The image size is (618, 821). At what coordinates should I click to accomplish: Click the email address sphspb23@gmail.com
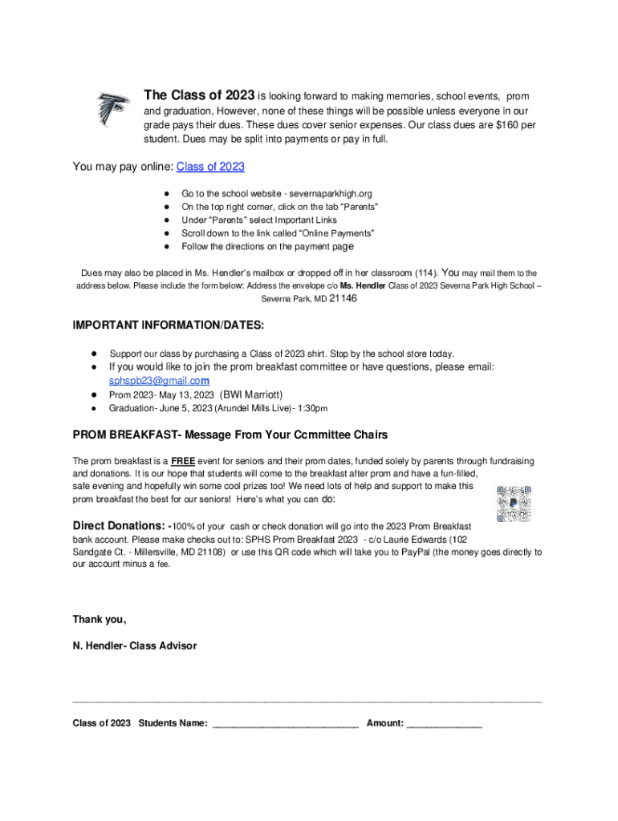159,381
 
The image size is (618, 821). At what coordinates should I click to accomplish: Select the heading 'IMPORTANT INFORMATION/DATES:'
168,326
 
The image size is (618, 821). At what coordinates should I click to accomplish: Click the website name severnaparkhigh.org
328,194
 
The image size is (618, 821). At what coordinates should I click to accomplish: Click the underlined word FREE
183,462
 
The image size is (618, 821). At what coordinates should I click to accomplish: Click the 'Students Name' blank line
284,724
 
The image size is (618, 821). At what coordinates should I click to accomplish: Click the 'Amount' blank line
445,724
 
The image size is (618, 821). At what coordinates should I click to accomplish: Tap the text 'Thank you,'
100,619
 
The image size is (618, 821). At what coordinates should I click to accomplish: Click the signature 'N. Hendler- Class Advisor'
134,645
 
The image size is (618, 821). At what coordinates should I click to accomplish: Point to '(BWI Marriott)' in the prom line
252,394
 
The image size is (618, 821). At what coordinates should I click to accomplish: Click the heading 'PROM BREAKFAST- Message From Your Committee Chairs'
230,435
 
